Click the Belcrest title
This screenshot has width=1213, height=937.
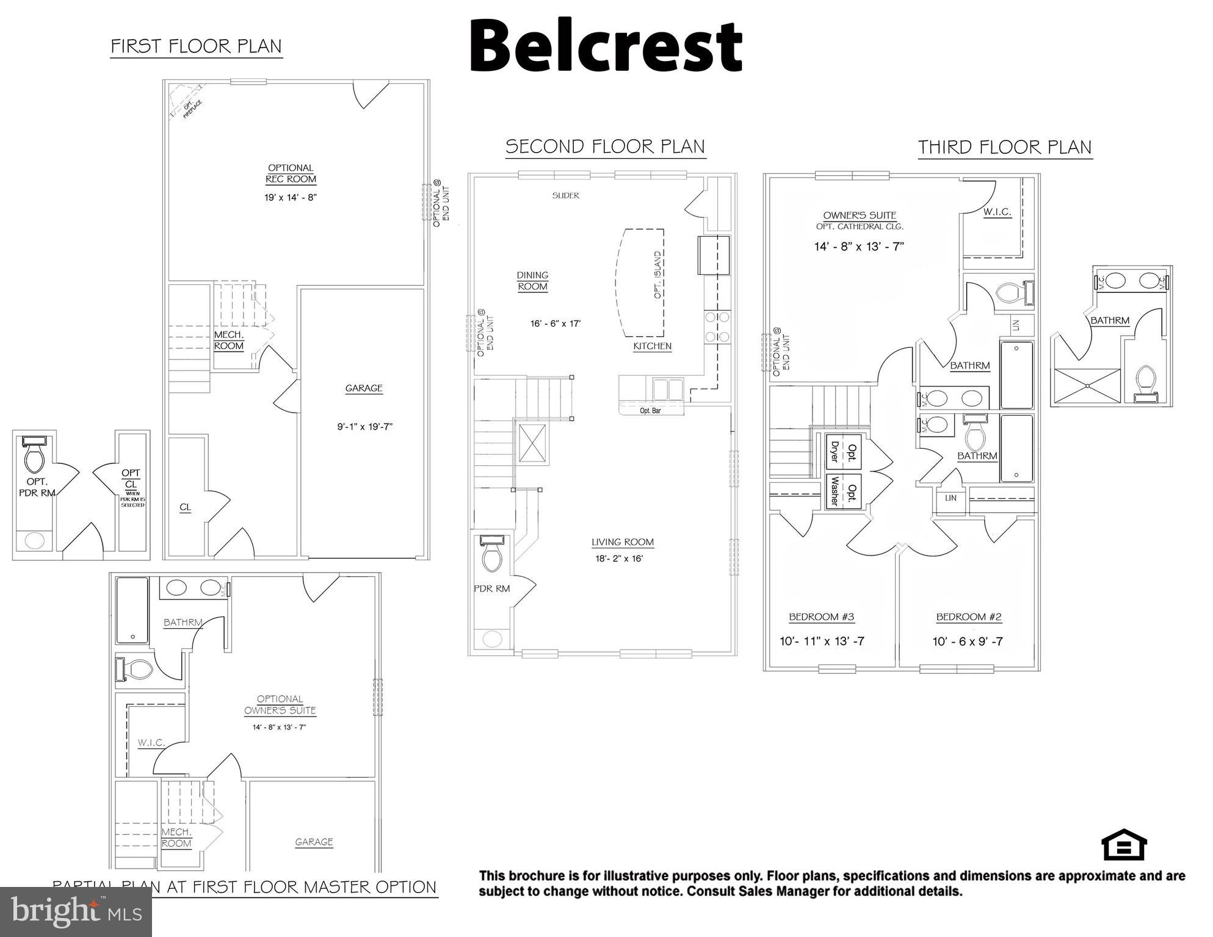[605, 46]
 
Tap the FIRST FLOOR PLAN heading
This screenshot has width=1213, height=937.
[196, 46]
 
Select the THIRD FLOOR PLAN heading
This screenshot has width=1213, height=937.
[1005, 147]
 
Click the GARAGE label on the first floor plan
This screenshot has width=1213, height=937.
[364, 388]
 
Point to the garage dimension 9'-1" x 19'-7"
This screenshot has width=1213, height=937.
[364, 427]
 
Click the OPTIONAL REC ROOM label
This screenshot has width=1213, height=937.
[291, 173]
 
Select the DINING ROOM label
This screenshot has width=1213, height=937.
[532, 281]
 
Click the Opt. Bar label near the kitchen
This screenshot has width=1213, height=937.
[650, 411]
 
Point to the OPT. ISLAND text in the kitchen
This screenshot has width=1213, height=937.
[657, 275]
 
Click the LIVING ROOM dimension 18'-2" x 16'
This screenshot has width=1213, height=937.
[619, 559]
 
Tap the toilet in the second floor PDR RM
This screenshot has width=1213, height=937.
[492, 555]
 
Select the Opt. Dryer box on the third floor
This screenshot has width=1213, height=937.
[843, 452]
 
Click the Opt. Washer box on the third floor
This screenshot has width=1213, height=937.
[843, 491]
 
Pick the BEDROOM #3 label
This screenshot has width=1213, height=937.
[821, 617]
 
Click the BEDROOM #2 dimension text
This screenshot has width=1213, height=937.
[967, 642]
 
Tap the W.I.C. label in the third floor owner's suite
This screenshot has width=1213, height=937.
[997, 212]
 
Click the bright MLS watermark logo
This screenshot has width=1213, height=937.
[76, 912]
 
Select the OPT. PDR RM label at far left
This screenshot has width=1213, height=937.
[37, 487]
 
